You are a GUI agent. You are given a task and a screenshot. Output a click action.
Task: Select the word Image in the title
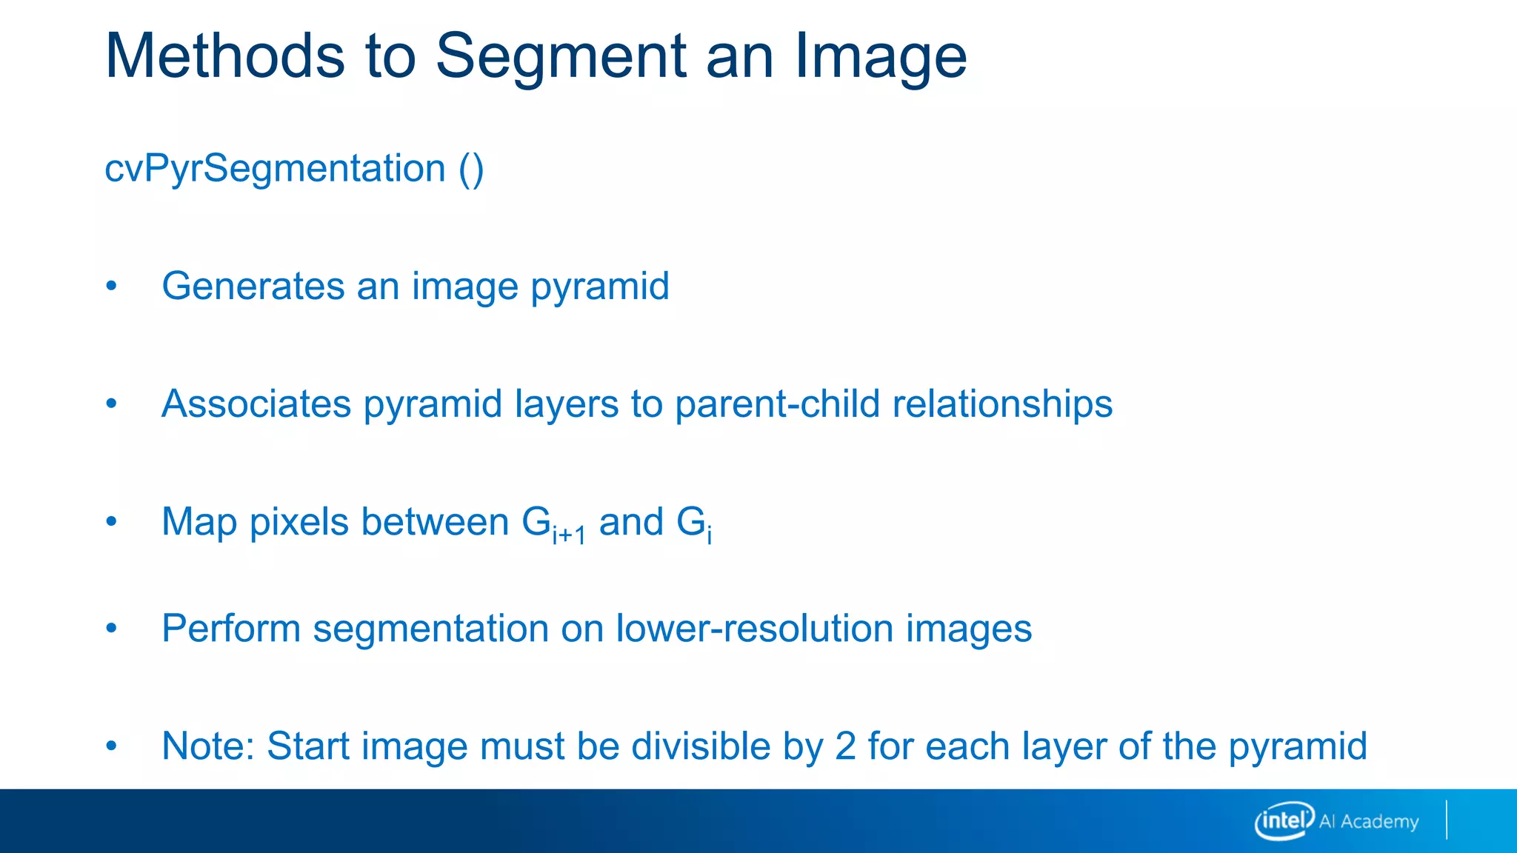pyautogui.click(x=881, y=57)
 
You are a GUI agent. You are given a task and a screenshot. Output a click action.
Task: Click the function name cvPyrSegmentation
pyautogui.click(x=275, y=169)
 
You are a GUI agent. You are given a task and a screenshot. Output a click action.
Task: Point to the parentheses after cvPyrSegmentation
pyautogui.click(x=471, y=170)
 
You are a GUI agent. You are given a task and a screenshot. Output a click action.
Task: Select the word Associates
pyautogui.click(x=256, y=404)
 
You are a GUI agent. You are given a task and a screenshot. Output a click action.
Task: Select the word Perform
pyautogui.click(x=230, y=629)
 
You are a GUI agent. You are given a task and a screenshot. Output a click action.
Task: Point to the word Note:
pyautogui.click(x=208, y=746)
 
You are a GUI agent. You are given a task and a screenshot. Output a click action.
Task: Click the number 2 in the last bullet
pyautogui.click(x=845, y=746)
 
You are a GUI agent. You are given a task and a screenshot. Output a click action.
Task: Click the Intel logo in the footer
pyautogui.click(x=1284, y=820)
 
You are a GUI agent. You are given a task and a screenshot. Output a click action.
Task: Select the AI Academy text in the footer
pyautogui.click(x=1369, y=821)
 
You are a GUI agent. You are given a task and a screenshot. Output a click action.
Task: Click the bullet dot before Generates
pyautogui.click(x=111, y=287)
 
